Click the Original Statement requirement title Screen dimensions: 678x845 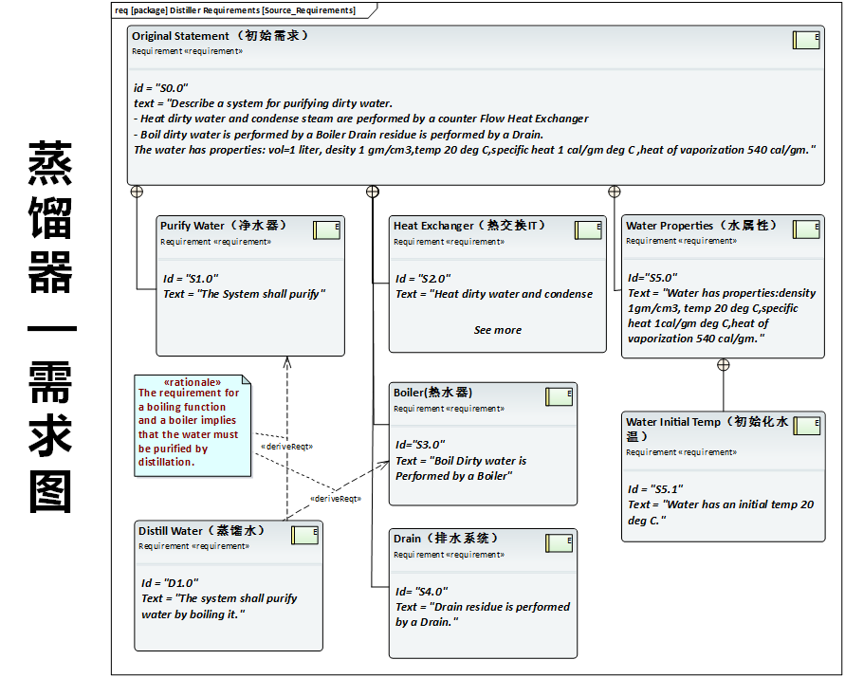pyautogui.click(x=220, y=36)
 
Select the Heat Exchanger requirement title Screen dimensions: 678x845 pyautogui.click(x=469, y=226)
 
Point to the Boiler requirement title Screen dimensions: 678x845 pyautogui.click(x=432, y=393)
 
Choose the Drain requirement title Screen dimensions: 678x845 pyautogui.click(x=446, y=539)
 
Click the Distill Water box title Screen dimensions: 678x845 pyautogui.click(x=201, y=531)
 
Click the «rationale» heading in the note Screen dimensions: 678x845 pyautogui.click(x=193, y=381)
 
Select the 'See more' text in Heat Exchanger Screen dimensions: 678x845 pyautogui.click(x=498, y=330)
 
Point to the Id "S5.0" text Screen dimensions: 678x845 pyautogui.click(x=651, y=279)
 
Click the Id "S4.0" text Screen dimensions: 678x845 pyautogui.click(x=421, y=592)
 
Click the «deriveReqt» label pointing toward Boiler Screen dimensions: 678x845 pyautogui.click(x=335, y=498)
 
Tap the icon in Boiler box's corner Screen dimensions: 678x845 pyautogui.click(x=559, y=396)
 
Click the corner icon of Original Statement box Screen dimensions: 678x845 pyautogui.click(x=806, y=40)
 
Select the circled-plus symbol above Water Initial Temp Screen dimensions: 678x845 pyautogui.click(x=724, y=365)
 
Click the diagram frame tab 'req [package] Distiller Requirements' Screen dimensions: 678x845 pyautogui.click(x=235, y=10)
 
